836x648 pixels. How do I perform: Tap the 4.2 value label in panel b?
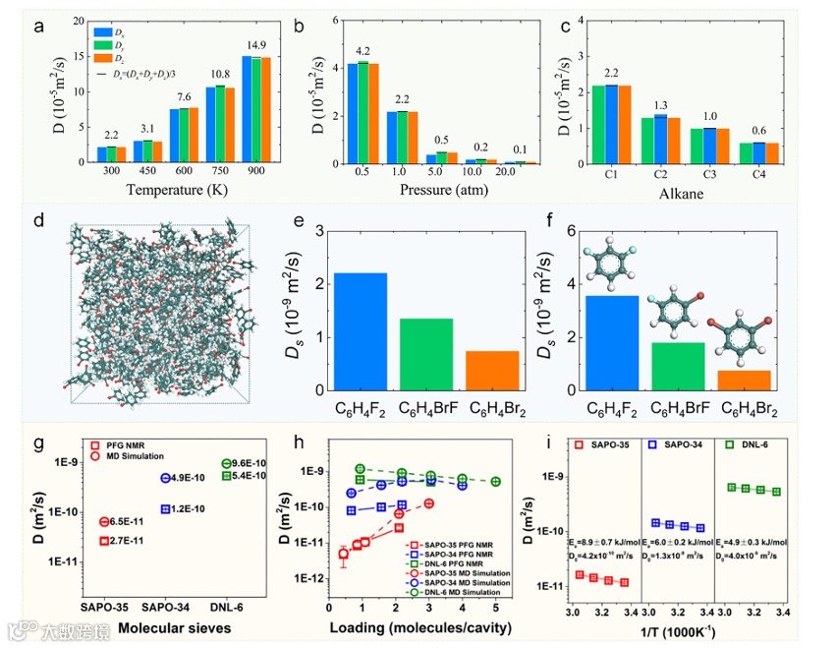pos(362,52)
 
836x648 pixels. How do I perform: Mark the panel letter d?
pos(39,220)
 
